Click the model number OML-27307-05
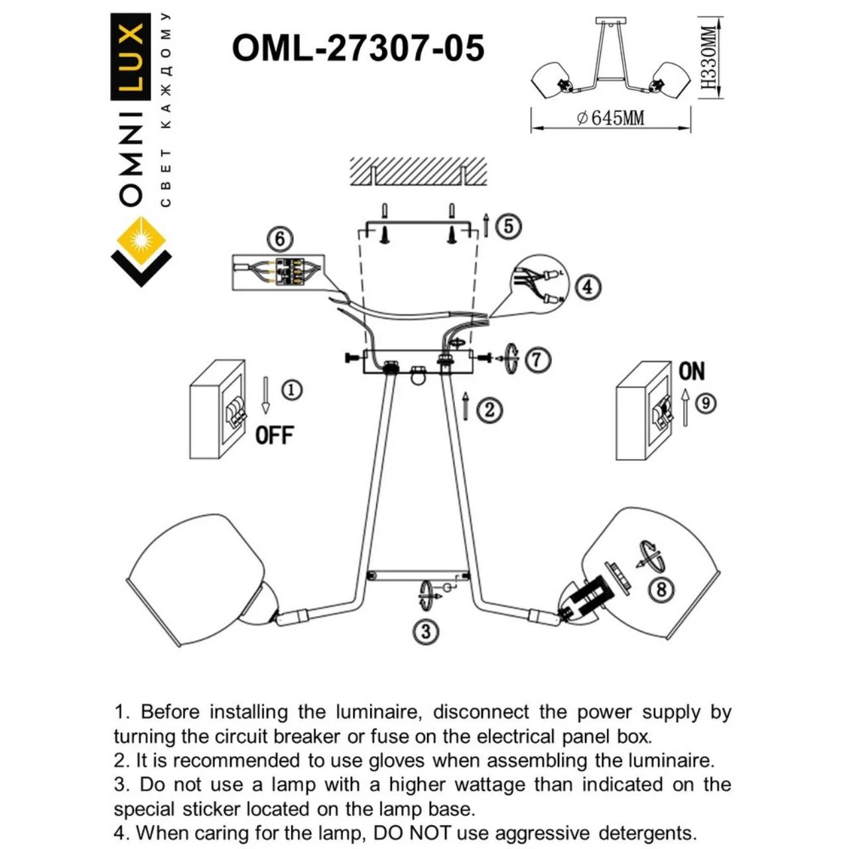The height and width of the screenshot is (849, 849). [358, 48]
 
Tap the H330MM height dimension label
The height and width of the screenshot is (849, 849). [709, 58]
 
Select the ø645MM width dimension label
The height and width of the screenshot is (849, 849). [610, 118]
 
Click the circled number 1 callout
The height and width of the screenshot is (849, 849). [291, 390]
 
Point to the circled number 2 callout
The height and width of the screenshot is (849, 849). [490, 409]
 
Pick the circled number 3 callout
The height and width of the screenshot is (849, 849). [426, 631]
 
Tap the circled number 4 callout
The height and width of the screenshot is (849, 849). [588, 287]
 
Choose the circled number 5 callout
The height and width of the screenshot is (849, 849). [508, 226]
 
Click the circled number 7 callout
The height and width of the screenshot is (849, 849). [538, 359]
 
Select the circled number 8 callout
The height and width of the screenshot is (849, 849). [661, 588]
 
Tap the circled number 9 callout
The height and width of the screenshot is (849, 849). [706, 402]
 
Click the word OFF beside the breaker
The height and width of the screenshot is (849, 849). [274, 435]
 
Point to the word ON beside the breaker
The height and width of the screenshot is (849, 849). [691, 371]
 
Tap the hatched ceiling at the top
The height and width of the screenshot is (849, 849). [418, 170]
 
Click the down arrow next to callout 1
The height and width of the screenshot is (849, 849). [265, 395]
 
